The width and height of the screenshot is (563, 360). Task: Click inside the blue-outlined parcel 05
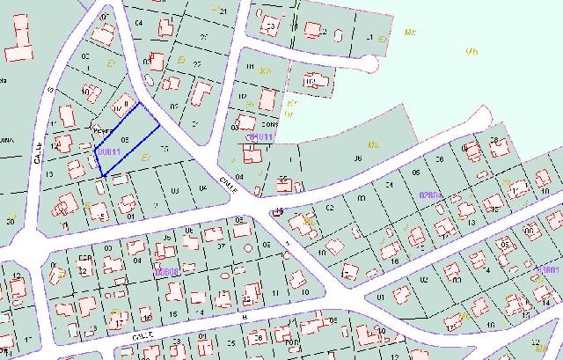point(128,141)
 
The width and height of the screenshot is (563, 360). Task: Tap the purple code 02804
point(430,195)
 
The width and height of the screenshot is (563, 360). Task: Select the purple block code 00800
point(166,272)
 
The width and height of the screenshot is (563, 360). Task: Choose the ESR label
point(85,258)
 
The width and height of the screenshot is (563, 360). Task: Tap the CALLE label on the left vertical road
point(39,154)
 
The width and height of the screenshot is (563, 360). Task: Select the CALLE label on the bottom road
point(144,334)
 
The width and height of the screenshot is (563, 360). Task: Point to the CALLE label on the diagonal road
point(229,181)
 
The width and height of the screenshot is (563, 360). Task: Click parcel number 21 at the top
point(223,11)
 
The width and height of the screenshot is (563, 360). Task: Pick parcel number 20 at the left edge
point(10,221)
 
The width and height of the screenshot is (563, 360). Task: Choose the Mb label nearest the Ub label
point(409,32)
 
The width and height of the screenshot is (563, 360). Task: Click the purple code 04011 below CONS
point(262,138)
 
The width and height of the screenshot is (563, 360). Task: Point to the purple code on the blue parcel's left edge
point(107,152)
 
